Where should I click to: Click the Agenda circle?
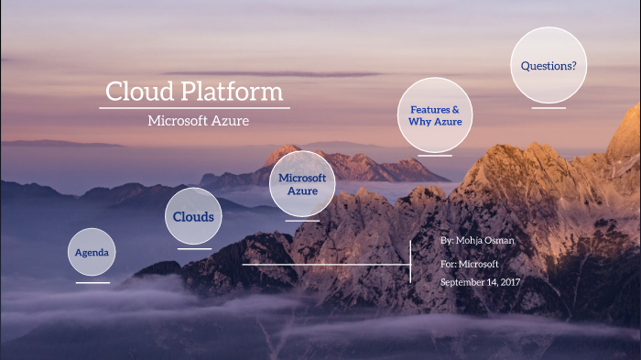(x=92, y=252)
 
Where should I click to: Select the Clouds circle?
(x=194, y=217)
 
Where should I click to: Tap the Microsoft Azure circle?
(x=302, y=184)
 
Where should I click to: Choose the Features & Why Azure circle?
(x=435, y=115)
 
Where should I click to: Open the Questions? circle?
(x=549, y=65)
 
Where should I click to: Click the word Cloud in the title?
(x=136, y=93)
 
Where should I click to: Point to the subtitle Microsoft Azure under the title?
(x=198, y=121)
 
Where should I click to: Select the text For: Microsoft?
(x=469, y=264)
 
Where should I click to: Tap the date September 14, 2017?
(x=480, y=282)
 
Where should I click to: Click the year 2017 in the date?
(x=510, y=282)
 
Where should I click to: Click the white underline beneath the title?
(x=194, y=108)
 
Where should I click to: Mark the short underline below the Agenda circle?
(x=92, y=282)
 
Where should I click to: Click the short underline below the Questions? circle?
(x=549, y=108)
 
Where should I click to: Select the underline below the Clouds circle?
(x=194, y=248)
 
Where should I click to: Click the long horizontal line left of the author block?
(x=326, y=265)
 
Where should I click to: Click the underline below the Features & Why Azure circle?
(x=435, y=155)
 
